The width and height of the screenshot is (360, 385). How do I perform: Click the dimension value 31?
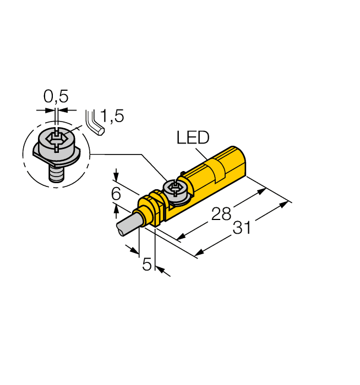pyautogui.click(x=241, y=227)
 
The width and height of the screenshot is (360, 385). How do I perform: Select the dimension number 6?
pyautogui.click(x=116, y=194)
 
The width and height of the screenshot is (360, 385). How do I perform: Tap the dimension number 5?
pyautogui.click(x=147, y=265)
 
